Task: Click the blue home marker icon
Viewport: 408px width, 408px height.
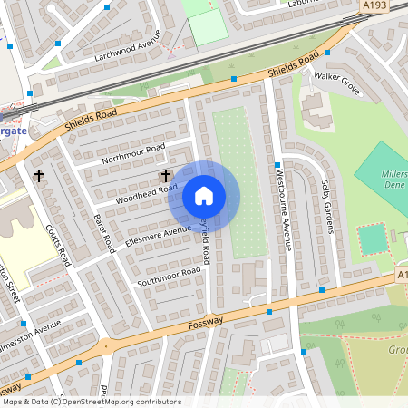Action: tap(204, 196)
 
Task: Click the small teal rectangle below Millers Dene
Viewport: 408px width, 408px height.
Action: tap(372, 238)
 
